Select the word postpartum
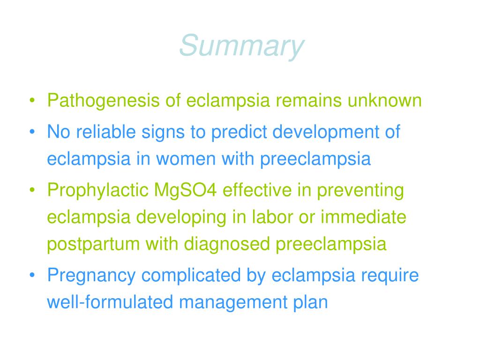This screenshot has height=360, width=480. (x=93, y=244)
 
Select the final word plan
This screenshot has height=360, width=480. (x=310, y=302)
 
